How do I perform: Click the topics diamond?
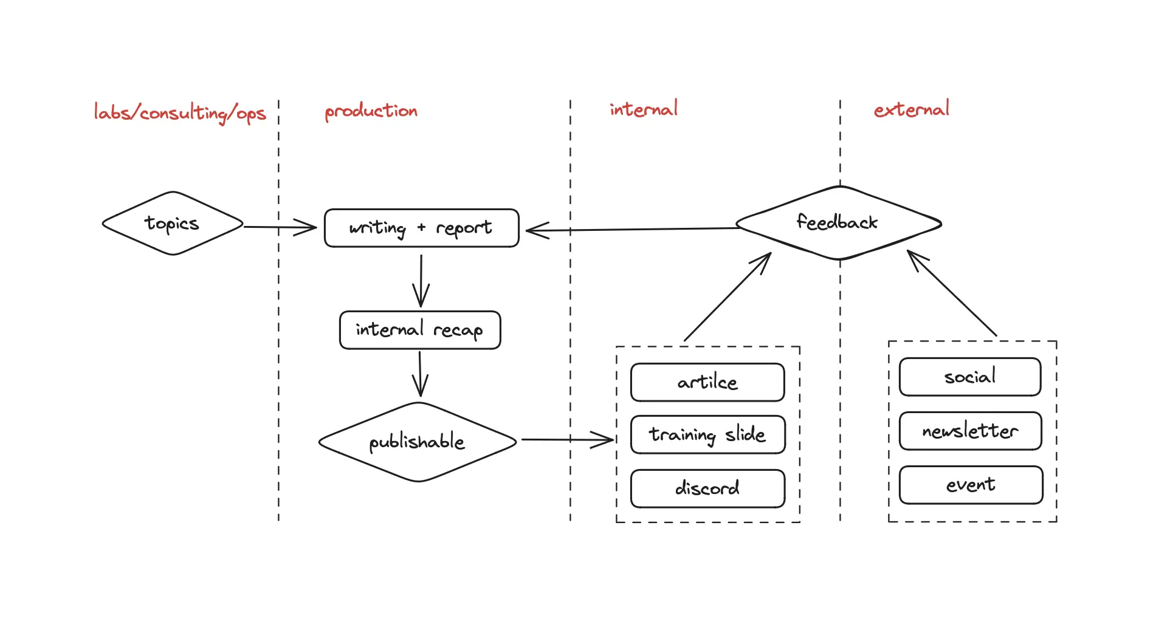pos(173,224)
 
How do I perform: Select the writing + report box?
pos(422,228)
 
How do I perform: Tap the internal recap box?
pos(420,330)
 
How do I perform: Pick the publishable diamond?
pos(418,442)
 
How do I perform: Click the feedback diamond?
pos(839,223)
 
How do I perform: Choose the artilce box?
pos(707,382)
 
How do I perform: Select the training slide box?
pos(708,434)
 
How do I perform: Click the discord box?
pos(708,488)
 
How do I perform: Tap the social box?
pos(970,377)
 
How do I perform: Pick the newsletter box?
pos(971,431)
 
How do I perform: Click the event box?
pos(971,485)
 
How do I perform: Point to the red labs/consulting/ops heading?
pos(180,113)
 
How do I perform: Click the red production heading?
pos(371,111)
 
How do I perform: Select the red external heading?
pos(912,109)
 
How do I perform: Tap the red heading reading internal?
pos(644,109)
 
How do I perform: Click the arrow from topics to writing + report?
pos(280,227)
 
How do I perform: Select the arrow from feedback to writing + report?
pos(632,230)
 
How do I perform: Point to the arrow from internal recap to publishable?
pos(420,374)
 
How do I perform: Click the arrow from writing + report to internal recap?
pos(421,281)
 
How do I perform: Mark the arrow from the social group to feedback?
pos(952,293)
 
